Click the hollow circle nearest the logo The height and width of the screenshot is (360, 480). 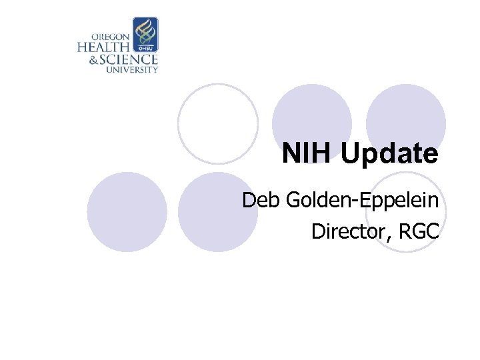tap(217, 123)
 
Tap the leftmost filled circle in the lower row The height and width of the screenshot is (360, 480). tap(127, 212)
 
